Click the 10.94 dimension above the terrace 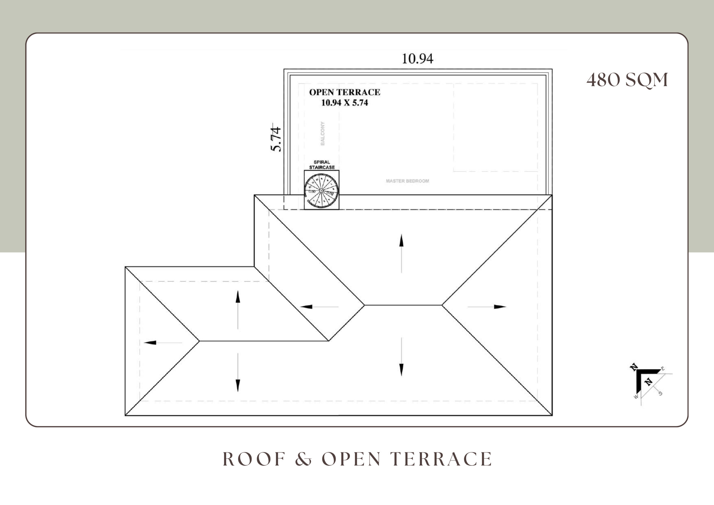417,59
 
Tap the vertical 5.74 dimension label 276,139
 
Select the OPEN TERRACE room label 344,92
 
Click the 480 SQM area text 627,80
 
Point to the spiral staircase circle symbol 321,191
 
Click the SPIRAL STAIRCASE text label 322,165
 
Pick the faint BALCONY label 323,133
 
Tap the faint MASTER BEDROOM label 407,181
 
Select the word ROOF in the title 254,459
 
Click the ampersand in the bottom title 303,459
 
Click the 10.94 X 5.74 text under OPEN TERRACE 344,103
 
